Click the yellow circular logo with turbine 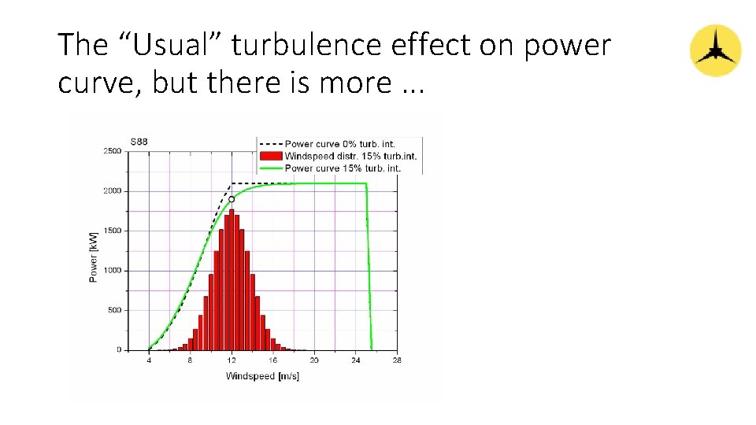tap(715, 50)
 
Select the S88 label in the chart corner tap(139, 142)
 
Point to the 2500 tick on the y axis tap(113, 150)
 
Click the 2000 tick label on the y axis tap(113, 190)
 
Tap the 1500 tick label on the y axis tap(113, 231)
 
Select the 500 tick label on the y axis tap(114, 310)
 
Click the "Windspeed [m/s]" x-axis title tap(262, 375)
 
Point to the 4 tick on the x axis tap(149, 360)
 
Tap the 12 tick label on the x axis tap(232, 360)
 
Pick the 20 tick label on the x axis tap(314, 360)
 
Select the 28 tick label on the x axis tap(397, 360)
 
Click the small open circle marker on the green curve tap(232, 199)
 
